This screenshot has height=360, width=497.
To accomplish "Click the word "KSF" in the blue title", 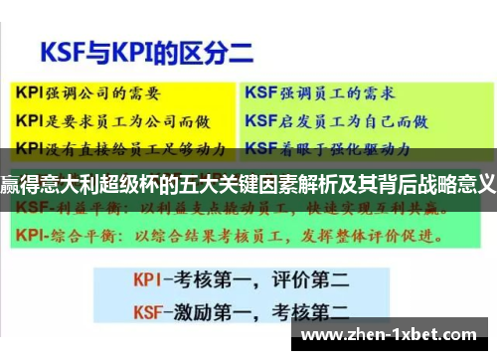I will [62, 49].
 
